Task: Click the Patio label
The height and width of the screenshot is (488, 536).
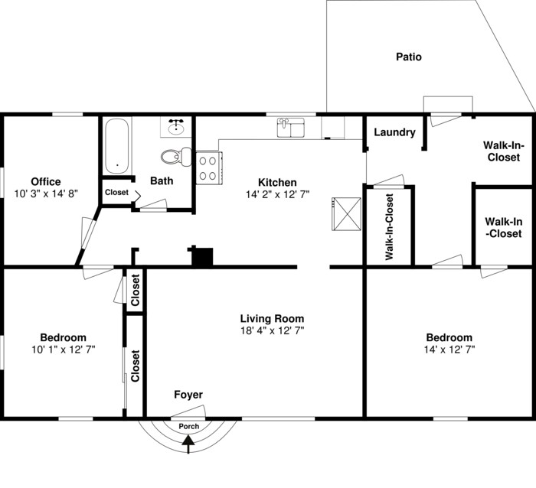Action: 408,57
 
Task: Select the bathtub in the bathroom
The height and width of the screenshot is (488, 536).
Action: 117,145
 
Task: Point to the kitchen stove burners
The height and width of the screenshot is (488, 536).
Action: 208,168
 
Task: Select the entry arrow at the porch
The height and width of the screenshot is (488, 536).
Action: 189,441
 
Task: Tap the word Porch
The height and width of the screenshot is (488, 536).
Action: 189,426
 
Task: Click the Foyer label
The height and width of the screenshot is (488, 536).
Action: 188,395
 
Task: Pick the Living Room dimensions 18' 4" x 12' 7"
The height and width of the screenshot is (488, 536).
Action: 272,331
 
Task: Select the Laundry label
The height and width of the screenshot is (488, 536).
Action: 394,132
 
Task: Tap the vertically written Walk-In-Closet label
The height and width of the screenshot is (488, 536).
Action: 389,227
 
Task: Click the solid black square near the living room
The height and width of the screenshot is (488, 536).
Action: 202,257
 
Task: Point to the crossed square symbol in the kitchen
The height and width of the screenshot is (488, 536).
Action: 346,213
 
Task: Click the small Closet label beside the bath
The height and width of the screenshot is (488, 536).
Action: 117,192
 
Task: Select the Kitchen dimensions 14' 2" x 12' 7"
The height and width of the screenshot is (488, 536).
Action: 277,195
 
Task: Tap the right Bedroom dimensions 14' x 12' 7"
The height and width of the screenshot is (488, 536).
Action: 449,350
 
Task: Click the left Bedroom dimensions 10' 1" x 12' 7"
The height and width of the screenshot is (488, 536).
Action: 63,350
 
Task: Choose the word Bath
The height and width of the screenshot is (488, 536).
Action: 162,181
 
